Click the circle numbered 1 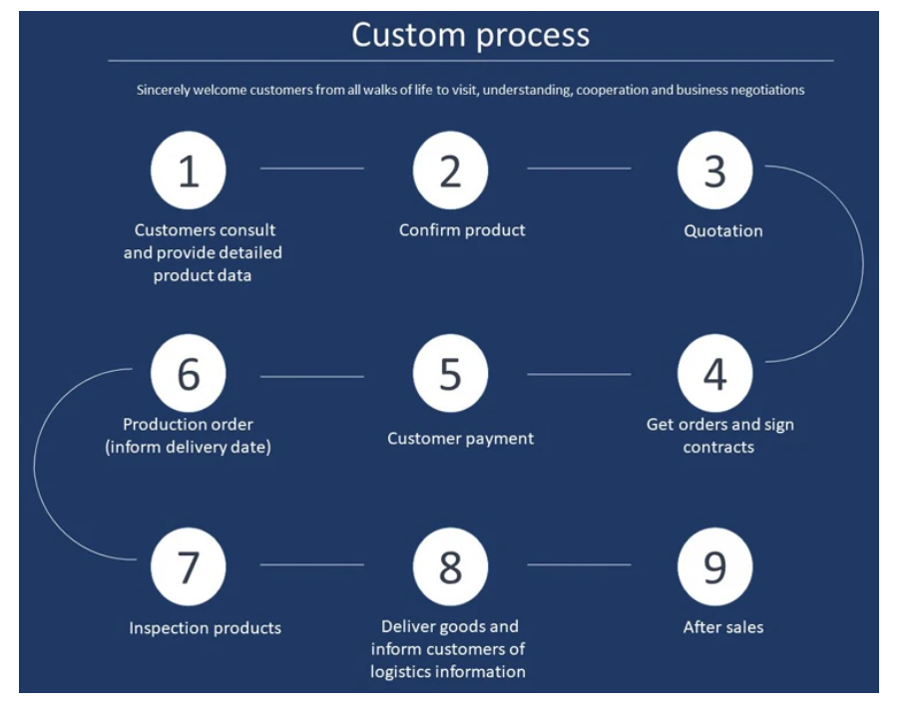point(189,171)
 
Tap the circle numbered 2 point(451,171)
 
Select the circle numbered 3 point(714,171)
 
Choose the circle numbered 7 point(189,565)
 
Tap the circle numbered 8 point(451,565)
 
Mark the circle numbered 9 point(714,565)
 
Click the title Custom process point(470,35)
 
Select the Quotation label point(723,231)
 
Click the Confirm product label point(462,230)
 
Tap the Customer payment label point(461,439)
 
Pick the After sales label point(723,627)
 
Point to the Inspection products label point(205,628)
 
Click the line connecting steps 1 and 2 point(312,169)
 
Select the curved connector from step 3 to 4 point(862,264)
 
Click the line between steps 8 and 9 point(579,565)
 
